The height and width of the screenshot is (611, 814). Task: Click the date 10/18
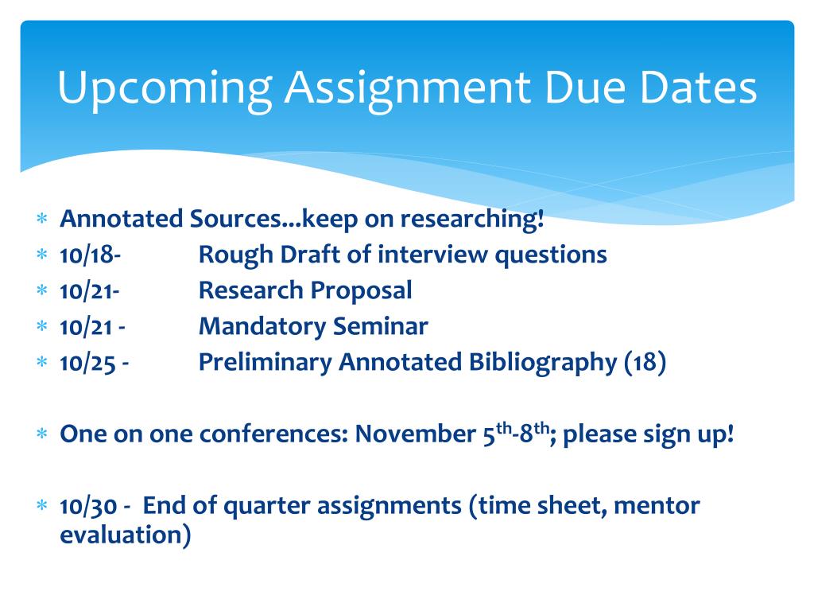point(87,255)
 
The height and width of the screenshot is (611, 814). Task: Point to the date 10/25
point(90,362)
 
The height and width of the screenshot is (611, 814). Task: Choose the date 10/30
point(90,505)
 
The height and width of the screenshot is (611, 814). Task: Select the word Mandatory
point(259,326)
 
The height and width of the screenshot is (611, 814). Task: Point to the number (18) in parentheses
point(645,362)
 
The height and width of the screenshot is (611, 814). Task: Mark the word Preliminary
point(266,362)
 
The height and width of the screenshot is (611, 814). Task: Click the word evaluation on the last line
point(126,534)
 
